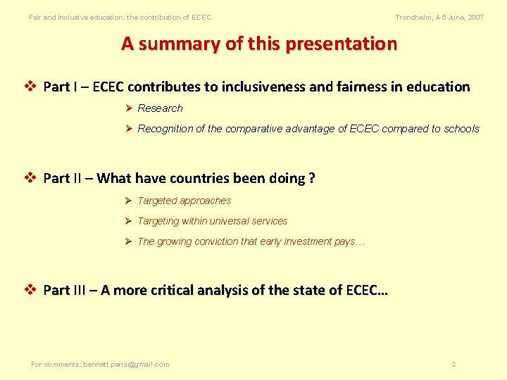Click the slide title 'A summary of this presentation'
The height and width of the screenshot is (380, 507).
(x=259, y=44)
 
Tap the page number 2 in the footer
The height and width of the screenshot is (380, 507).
(x=453, y=365)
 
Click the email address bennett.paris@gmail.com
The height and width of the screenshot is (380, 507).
(x=126, y=365)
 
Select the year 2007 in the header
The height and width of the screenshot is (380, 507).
(x=475, y=17)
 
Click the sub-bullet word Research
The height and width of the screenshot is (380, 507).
(x=160, y=108)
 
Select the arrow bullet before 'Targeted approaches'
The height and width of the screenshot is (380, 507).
(x=129, y=201)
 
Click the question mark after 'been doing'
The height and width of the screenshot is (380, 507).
(x=311, y=178)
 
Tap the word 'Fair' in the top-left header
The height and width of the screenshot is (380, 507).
(x=35, y=17)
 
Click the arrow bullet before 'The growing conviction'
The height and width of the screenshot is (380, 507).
(x=129, y=241)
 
